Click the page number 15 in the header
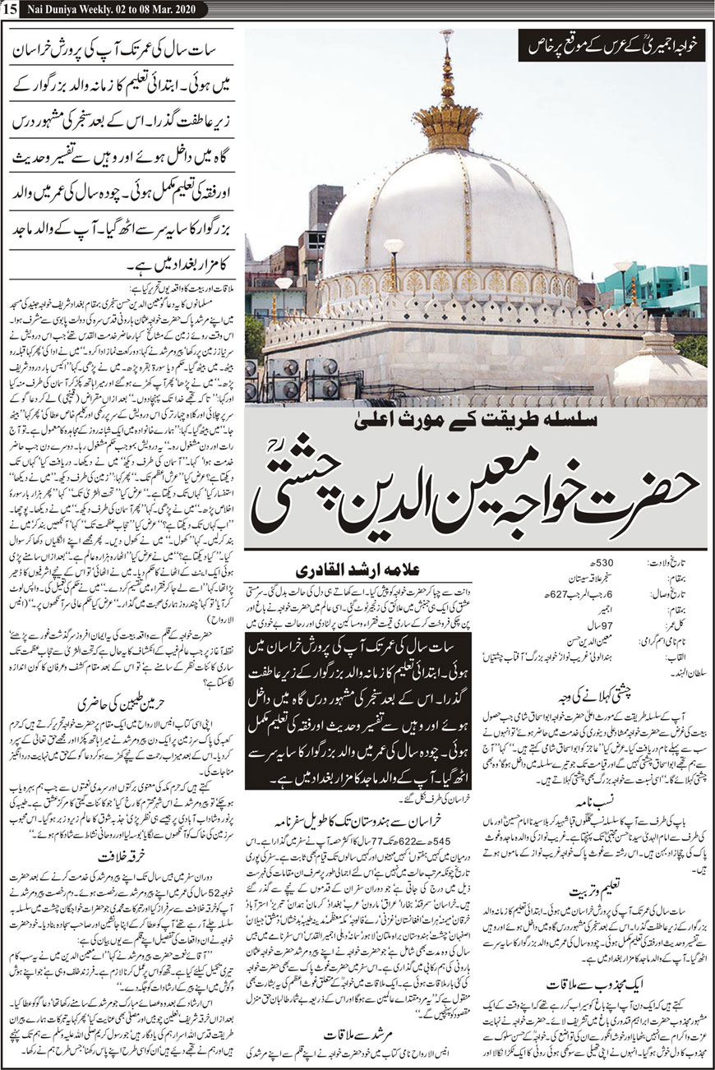10,8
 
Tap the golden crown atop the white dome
448,123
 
